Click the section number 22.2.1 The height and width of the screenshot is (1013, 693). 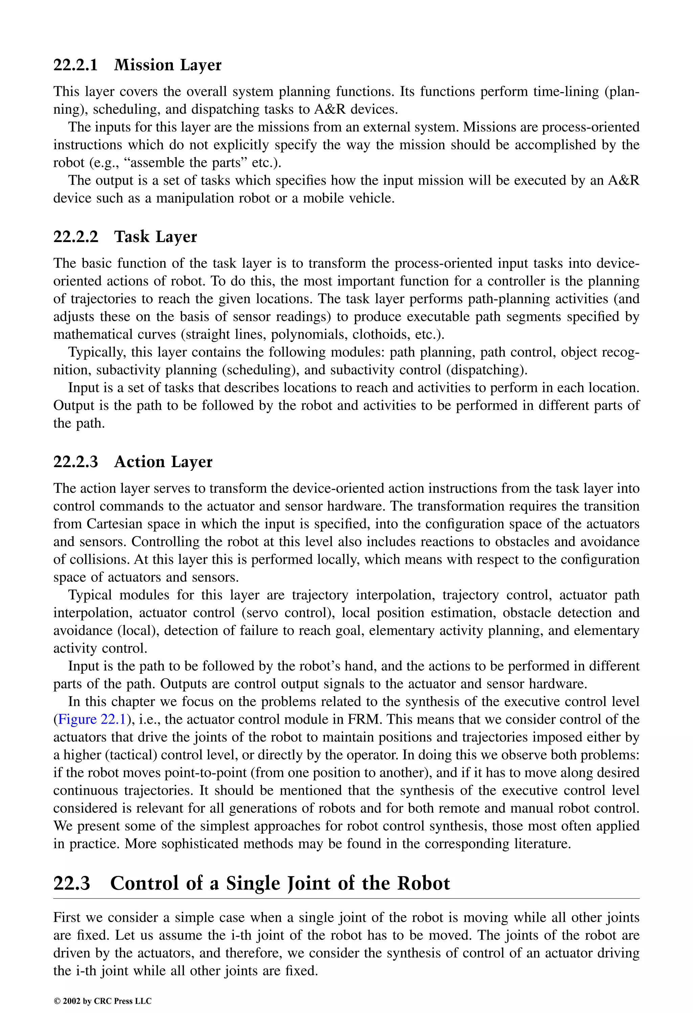pyautogui.click(x=75, y=65)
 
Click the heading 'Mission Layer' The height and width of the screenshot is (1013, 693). pyautogui.click(x=167, y=65)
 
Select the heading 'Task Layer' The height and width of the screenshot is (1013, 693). pyautogui.click(x=155, y=237)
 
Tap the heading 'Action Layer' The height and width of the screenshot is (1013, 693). pyautogui.click(x=163, y=462)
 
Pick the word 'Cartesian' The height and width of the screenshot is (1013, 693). pyautogui.click(x=114, y=524)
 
